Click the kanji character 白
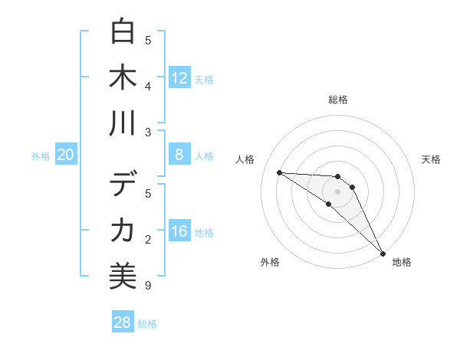coord(123,32)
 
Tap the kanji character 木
coord(123,77)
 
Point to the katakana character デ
coord(123,185)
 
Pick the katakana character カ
coord(123,230)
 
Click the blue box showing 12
coord(179,78)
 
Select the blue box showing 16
coord(179,232)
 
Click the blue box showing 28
coord(123,322)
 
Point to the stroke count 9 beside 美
coord(148,286)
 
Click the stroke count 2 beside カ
coord(148,240)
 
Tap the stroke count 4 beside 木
coord(148,86)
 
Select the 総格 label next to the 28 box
coord(147,324)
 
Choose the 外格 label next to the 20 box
coord(41,156)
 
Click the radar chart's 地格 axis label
coord(402,262)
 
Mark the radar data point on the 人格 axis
coord(279,172)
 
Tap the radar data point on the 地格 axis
coord(383,252)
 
